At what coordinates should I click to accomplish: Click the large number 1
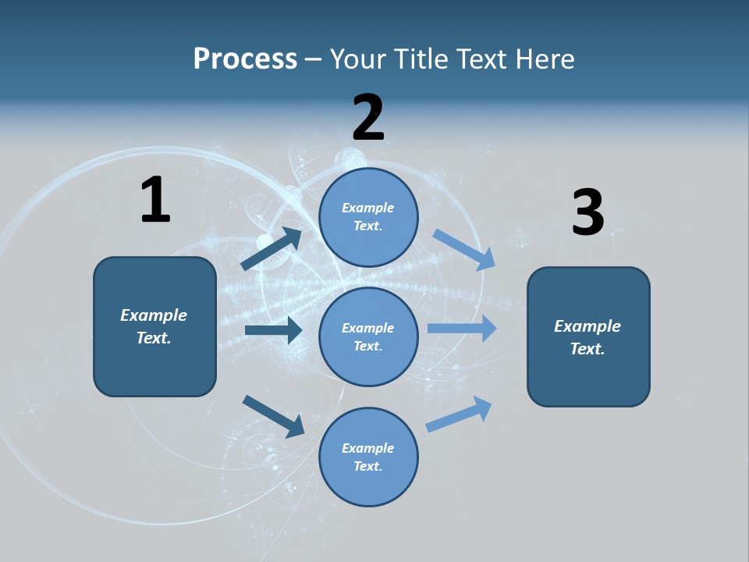click(155, 200)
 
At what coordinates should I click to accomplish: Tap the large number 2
click(368, 118)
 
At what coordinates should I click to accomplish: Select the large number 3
click(587, 212)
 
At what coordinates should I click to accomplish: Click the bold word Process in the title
click(245, 59)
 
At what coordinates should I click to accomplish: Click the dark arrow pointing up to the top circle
click(272, 249)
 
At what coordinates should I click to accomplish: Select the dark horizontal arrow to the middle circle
click(273, 330)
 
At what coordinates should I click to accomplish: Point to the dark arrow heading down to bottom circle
click(274, 415)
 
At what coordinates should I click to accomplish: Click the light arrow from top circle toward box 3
click(464, 250)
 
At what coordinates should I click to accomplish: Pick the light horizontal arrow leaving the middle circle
click(462, 329)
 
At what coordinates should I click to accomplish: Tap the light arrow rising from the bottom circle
click(459, 414)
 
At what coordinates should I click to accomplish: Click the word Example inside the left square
click(154, 315)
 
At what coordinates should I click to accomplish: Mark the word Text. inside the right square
click(587, 349)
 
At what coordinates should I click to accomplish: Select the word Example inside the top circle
click(367, 208)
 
